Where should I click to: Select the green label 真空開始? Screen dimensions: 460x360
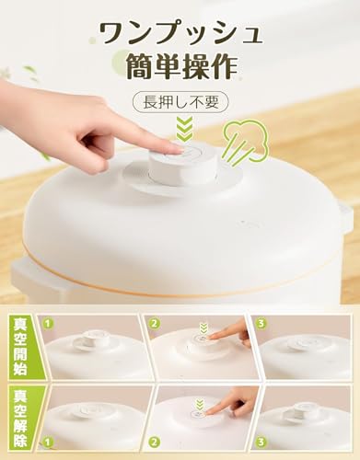pos(17,343)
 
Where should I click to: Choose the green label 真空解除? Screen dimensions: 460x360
pos(17,420)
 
